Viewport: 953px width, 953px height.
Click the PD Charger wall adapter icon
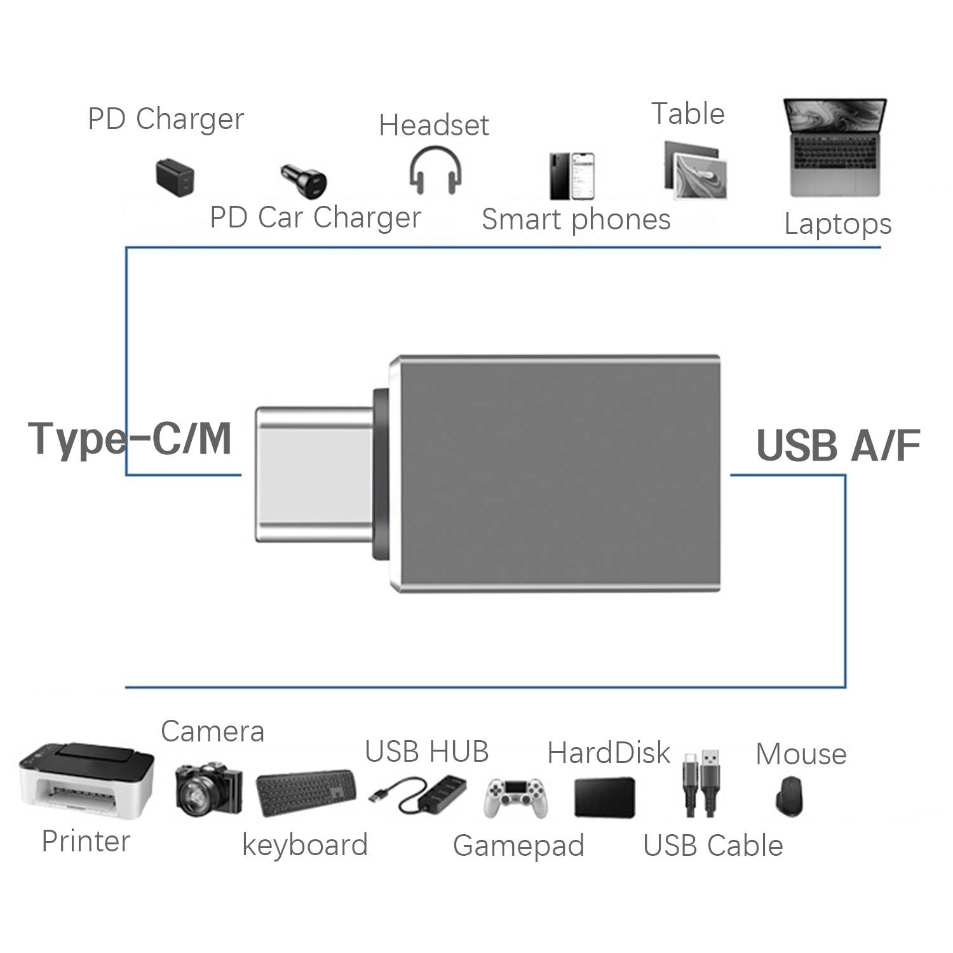(175, 177)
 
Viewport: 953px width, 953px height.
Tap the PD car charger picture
(304, 180)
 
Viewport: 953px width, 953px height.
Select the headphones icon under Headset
(435, 170)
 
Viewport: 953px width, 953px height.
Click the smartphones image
(572, 176)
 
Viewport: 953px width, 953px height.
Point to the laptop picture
(835, 148)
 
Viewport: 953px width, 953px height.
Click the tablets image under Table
(695, 170)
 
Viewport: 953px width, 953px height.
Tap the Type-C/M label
(130, 439)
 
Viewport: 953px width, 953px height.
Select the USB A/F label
(838, 445)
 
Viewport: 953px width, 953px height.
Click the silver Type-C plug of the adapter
(314, 475)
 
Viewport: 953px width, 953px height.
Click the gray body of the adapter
(556, 475)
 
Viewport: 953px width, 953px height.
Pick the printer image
(86, 781)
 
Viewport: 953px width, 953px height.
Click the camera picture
(208, 790)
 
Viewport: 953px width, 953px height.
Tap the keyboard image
(307, 794)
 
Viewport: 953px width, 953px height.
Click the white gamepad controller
(515, 797)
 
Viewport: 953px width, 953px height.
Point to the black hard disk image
(604, 797)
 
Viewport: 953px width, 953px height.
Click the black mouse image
(790, 796)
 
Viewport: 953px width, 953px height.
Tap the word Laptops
(837, 224)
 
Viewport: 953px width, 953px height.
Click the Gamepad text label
(518, 846)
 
